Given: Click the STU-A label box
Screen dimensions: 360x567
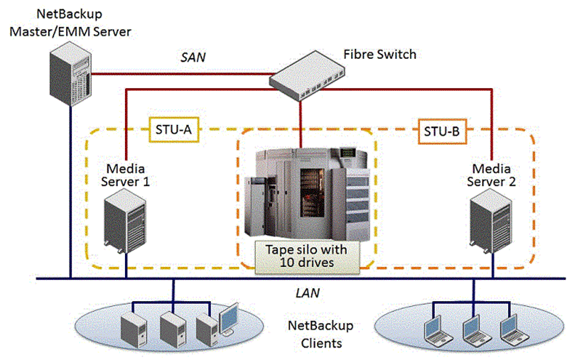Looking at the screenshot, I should click(172, 130).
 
